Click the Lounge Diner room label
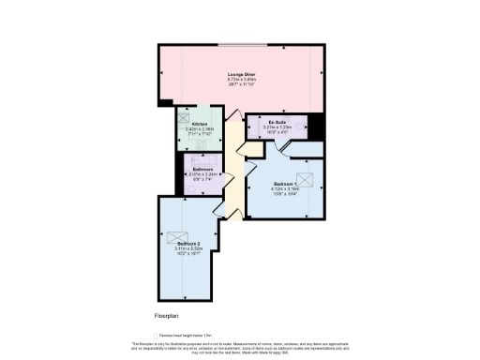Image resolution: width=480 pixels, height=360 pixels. pyautogui.click(x=242, y=73)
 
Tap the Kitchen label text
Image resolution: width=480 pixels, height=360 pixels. pyautogui.click(x=200, y=125)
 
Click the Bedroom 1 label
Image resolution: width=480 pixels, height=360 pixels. pyautogui.click(x=287, y=183)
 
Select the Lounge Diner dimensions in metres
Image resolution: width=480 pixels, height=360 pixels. pyautogui.click(x=241, y=79)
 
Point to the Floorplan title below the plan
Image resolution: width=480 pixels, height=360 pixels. pyautogui.click(x=166, y=316)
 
